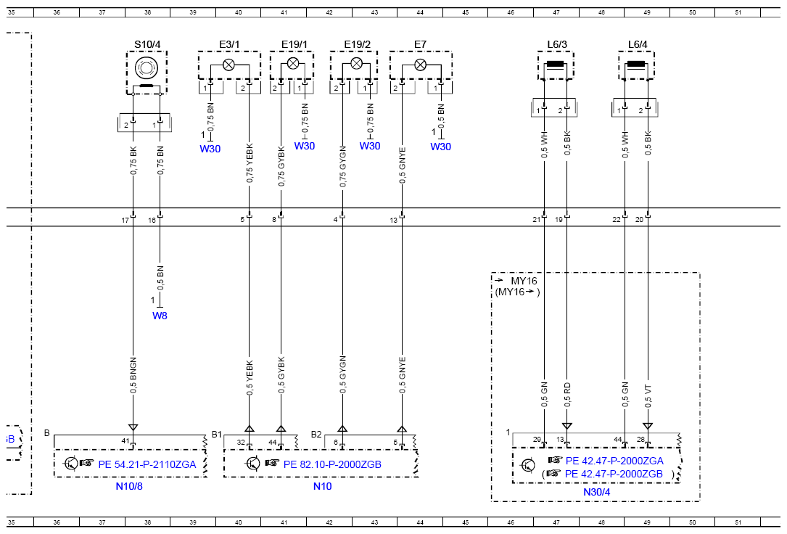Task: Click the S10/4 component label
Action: tap(147, 45)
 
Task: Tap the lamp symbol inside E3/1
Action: tap(229, 65)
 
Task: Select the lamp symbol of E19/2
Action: tap(356, 63)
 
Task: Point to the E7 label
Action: tap(420, 45)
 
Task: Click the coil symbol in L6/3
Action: tap(555, 65)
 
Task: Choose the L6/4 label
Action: tap(638, 45)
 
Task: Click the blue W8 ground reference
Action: tap(160, 316)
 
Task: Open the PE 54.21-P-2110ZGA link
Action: tap(147, 464)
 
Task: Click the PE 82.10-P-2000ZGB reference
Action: tap(332, 464)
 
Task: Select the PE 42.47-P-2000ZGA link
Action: tap(614, 461)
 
